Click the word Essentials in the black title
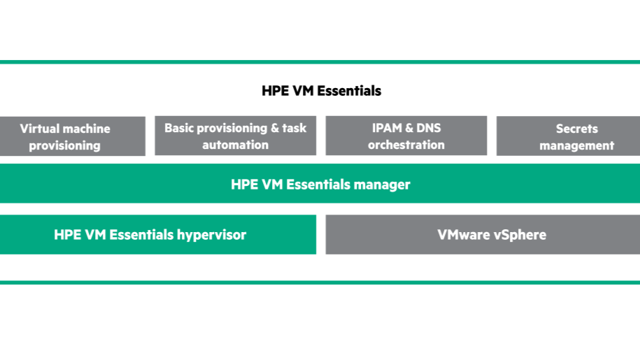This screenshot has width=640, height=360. pyautogui.click(x=349, y=90)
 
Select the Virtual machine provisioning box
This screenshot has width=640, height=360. pyautogui.click(x=73, y=136)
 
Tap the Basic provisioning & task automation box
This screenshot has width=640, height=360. pyautogui.click(x=235, y=136)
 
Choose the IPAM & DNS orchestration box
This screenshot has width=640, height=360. pyautogui.click(x=406, y=136)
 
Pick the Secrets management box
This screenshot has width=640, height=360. pyautogui.click(x=568, y=136)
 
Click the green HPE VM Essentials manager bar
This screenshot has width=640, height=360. pyautogui.click(x=320, y=183)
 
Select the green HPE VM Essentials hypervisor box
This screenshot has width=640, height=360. pyautogui.click(x=158, y=234)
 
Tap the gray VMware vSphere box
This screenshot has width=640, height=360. pyautogui.click(x=483, y=234)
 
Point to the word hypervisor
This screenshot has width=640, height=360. pyautogui.click(x=211, y=236)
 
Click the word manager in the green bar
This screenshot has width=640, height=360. pyautogui.click(x=382, y=185)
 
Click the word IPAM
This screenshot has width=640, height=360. pyautogui.click(x=387, y=128)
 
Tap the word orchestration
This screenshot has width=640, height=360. pyautogui.click(x=406, y=145)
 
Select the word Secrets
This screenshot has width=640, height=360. pyautogui.click(x=577, y=129)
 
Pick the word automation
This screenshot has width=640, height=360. pyautogui.click(x=236, y=145)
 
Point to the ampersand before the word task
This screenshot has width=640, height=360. pyautogui.click(x=275, y=128)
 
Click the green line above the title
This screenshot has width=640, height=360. pyautogui.click(x=320, y=62)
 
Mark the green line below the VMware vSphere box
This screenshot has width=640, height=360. pyautogui.click(x=320, y=282)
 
